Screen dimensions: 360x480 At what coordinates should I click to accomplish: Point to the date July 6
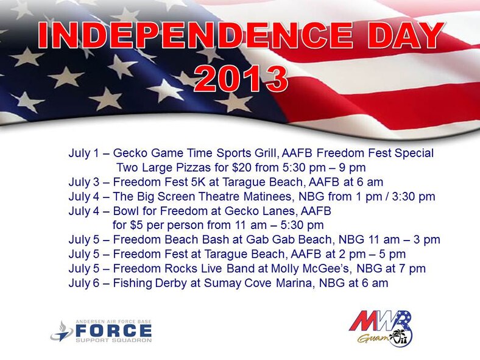[x=86, y=283]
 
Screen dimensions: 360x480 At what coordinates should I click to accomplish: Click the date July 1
[x=86, y=153]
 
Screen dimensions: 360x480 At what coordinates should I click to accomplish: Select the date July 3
[x=86, y=182]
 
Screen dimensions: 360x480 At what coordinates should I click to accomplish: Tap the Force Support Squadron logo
[x=101, y=331]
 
